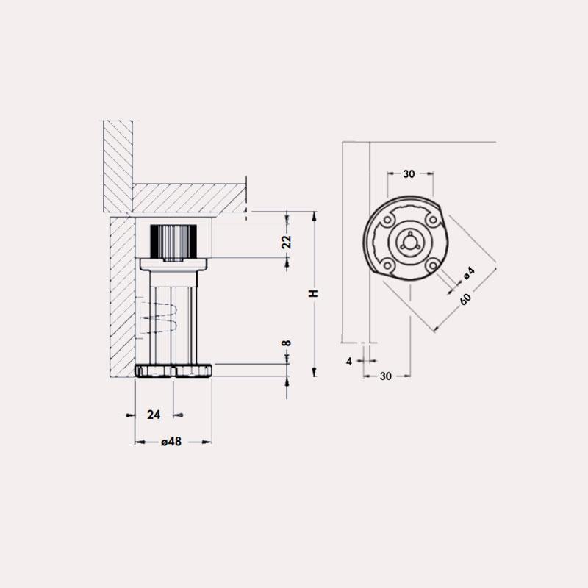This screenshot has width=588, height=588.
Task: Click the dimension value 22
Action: (287, 242)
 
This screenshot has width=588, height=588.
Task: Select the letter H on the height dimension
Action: (314, 293)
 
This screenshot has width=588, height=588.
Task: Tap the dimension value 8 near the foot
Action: (287, 343)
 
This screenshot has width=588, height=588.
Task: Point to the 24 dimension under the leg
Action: (154, 415)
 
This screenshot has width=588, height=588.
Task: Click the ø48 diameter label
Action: (171, 442)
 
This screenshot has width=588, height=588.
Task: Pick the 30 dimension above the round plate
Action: (409, 174)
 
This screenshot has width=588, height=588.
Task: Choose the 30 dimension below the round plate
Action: (385, 376)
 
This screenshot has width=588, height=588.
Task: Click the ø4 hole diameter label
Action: (469, 273)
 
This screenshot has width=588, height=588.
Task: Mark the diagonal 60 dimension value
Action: (465, 299)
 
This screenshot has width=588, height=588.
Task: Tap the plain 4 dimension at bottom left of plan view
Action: (349, 362)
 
